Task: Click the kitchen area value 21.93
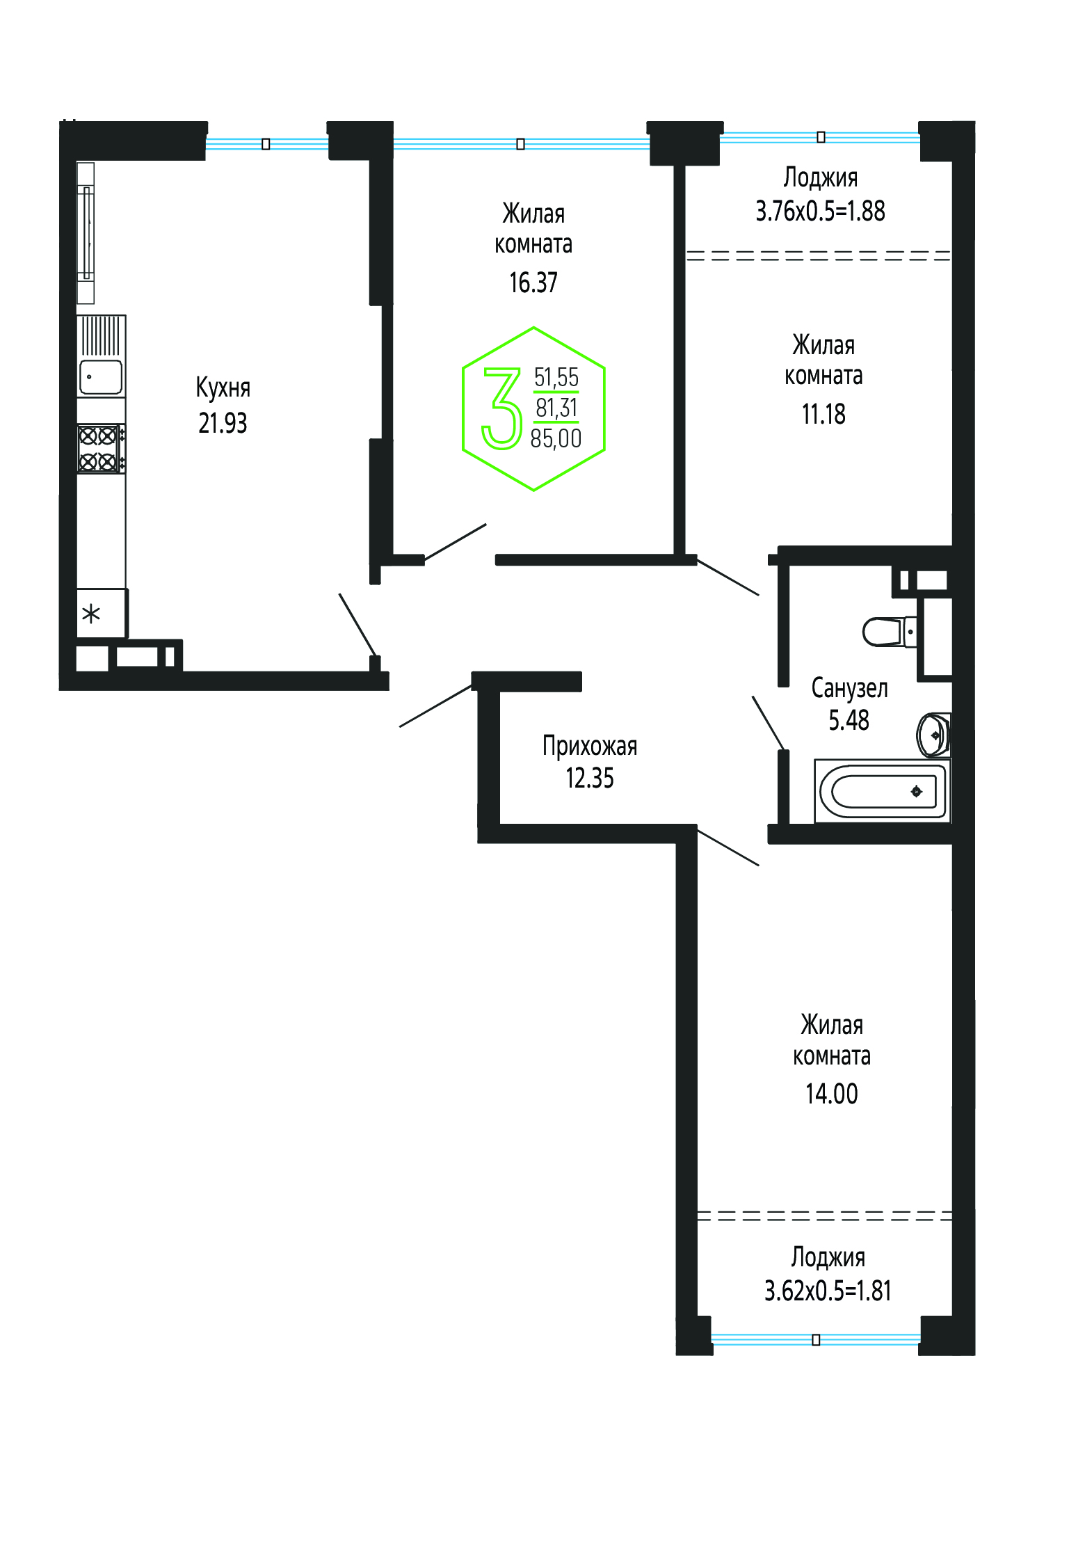pyautogui.click(x=223, y=423)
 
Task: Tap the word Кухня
pyautogui.click(x=223, y=388)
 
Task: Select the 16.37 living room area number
pyautogui.click(x=533, y=282)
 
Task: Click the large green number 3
pyautogui.click(x=502, y=408)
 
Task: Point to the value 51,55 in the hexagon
pyautogui.click(x=556, y=377)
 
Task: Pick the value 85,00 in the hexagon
pyautogui.click(x=556, y=438)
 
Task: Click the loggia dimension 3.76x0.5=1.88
pyautogui.click(x=821, y=211)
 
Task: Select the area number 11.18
pyautogui.click(x=823, y=414)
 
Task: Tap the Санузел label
pyautogui.click(x=849, y=688)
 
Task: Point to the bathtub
pyautogui.click(x=882, y=791)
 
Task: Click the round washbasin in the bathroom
pyautogui.click(x=934, y=735)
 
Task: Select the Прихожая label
pyautogui.click(x=590, y=746)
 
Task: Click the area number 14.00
pyautogui.click(x=832, y=1094)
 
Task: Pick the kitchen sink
pyautogui.click(x=102, y=377)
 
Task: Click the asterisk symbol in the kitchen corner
pyautogui.click(x=91, y=614)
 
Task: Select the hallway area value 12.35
pyautogui.click(x=590, y=778)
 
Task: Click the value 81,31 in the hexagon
pyautogui.click(x=556, y=408)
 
